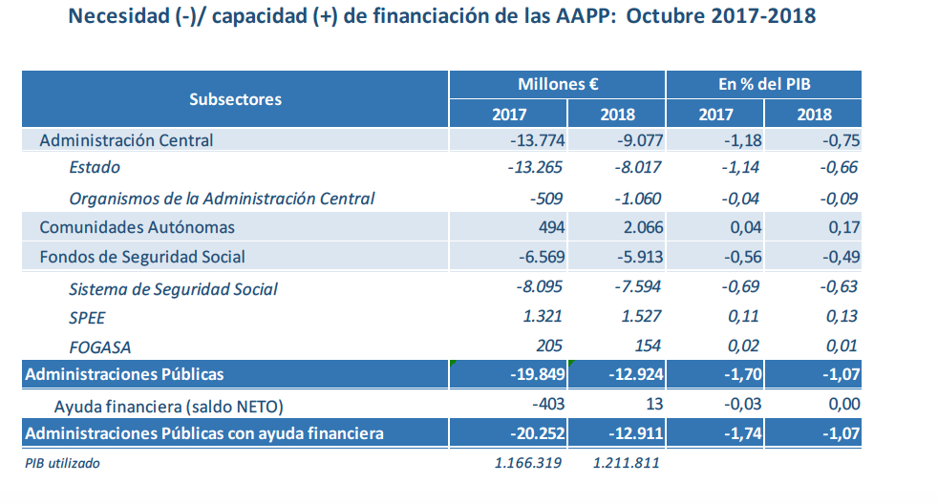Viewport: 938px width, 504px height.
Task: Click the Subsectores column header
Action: [235, 98]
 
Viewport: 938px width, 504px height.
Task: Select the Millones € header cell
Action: [558, 84]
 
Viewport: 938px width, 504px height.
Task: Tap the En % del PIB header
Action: [764, 84]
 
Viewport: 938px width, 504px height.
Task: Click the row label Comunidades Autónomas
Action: [137, 227]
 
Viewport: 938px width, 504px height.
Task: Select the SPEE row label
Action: [87, 317]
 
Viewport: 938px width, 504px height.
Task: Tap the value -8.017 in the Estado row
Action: [636, 168]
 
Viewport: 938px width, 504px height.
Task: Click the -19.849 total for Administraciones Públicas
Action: [537, 373]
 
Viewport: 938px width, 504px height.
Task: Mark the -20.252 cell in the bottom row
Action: [537, 433]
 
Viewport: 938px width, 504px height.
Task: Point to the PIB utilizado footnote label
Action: [62, 464]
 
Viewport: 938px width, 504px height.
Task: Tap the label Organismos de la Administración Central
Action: [222, 199]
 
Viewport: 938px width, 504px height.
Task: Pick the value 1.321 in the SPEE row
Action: [544, 317]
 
